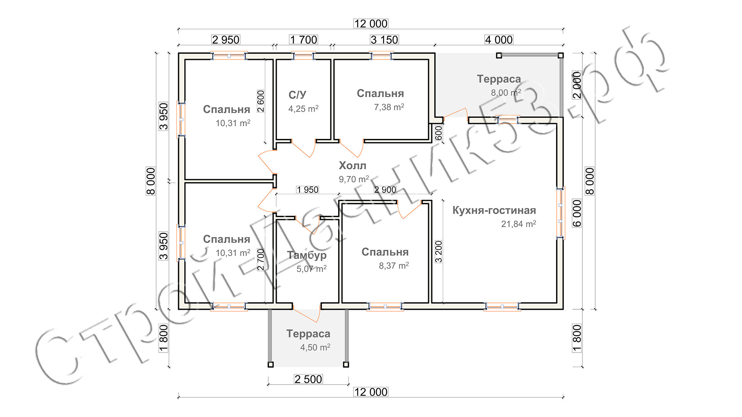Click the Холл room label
click(352, 166)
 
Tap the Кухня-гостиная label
click(494, 210)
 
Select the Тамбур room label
click(307, 255)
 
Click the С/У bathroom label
click(297, 95)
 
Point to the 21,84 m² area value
click(518, 224)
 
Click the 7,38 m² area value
click(389, 107)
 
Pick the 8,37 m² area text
click(393, 266)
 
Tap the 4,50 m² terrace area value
click(315, 347)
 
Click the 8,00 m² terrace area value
click(505, 93)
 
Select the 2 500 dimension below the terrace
click(308, 379)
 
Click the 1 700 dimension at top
click(303, 40)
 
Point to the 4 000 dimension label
click(499, 40)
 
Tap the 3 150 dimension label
click(384, 40)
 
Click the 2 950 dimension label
click(226, 40)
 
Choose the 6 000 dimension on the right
click(577, 213)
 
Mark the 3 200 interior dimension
click(439, 252)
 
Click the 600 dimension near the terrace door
click(438, 133)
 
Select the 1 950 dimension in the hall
click(308, 190)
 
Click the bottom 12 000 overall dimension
click(371, 392)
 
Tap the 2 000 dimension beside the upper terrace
click(577, 85)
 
